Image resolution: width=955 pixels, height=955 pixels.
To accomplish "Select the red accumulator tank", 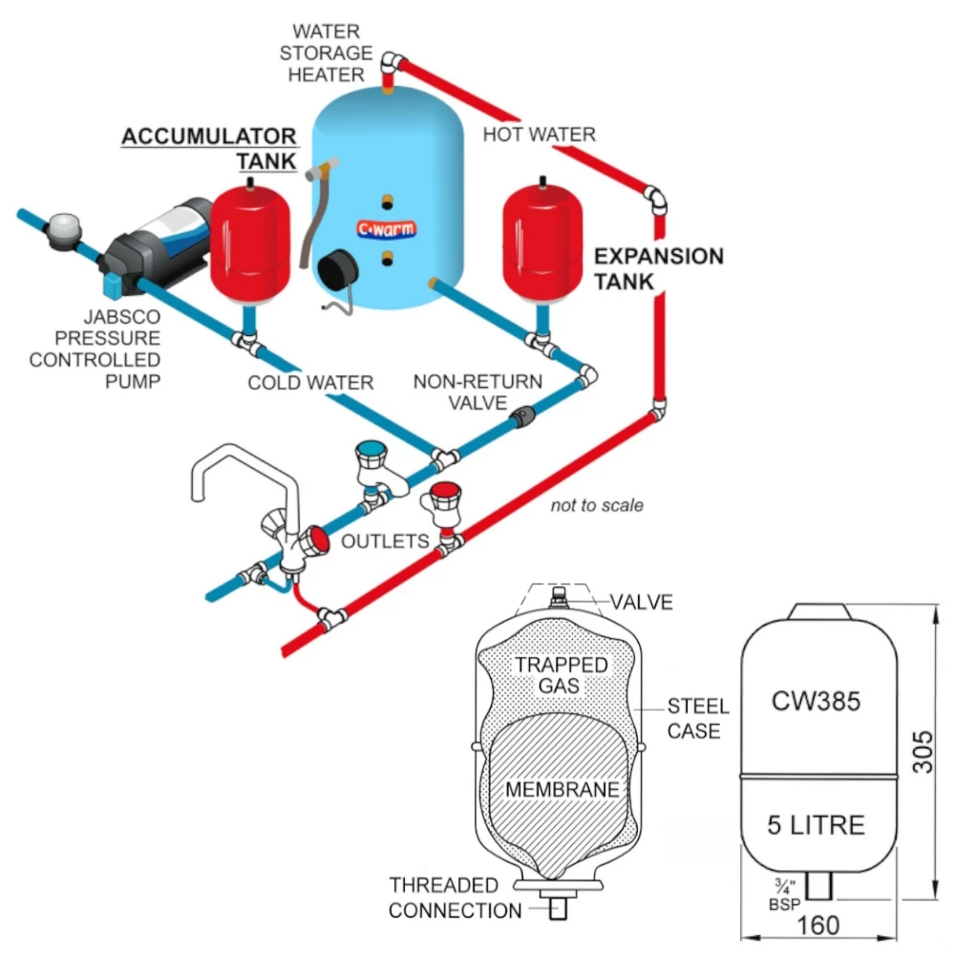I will click(249, 244).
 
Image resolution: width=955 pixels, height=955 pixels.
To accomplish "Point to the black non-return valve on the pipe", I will click(523, 415).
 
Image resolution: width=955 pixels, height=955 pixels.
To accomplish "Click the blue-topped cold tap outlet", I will click(370, 459).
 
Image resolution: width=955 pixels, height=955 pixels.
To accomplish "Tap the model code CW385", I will click(817, 702).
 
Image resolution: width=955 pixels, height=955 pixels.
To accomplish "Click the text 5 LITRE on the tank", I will click(817, 823).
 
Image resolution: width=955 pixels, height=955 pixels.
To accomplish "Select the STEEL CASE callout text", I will click(697, 718).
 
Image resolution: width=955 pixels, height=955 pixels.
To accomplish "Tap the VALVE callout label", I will click(643, 602).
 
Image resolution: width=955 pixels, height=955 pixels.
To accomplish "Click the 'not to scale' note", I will click(597, 505).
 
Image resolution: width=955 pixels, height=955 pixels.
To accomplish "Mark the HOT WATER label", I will click(539, 134).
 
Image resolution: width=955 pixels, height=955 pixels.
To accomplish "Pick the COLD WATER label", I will click(310, 383).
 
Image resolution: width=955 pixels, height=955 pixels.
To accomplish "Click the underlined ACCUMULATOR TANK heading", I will click(209, 148).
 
